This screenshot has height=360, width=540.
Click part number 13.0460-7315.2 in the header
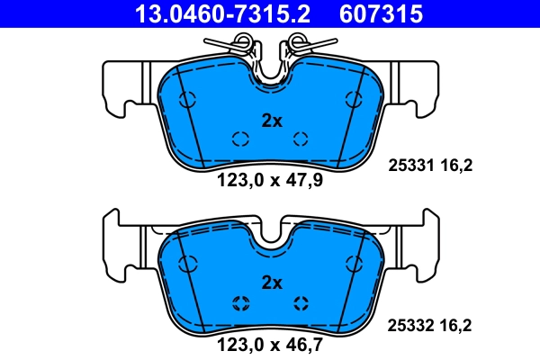[222, 13]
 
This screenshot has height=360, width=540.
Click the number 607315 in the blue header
[381, 13]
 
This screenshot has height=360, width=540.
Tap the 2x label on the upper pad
[272, 121]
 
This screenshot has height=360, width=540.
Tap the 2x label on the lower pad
[272, 283]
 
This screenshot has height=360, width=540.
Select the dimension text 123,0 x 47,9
[270, 180]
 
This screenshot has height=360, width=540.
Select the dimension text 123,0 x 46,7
[270, 345]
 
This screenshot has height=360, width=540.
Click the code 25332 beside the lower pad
[410, 326]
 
